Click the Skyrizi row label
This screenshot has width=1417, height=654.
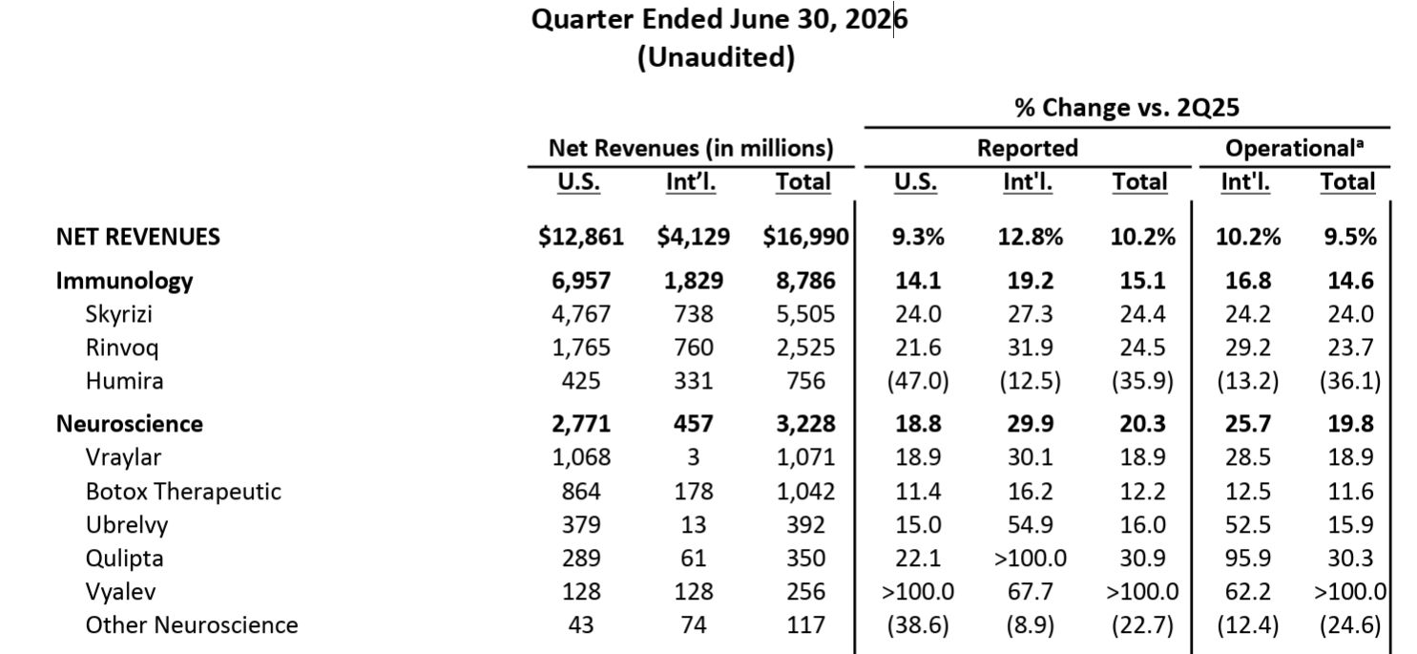119,314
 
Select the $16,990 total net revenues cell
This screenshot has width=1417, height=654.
805,237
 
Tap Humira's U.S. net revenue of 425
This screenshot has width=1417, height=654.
581,381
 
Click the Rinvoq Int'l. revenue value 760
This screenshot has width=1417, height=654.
694,348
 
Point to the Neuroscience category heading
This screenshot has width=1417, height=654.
130,424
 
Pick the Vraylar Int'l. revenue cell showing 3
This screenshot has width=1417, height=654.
694,457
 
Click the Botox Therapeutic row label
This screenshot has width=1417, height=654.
183,492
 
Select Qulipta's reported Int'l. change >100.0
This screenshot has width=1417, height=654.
1030,558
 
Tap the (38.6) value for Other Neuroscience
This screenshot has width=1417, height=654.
918,624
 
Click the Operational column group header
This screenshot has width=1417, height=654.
1294,148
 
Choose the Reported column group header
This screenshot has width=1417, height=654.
1028,148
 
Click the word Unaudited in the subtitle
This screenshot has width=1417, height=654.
716,57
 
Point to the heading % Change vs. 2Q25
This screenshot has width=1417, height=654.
1127,108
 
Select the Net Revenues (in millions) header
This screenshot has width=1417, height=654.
691,148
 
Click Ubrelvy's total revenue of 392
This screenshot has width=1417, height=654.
805,525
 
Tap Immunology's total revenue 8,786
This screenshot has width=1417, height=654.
805,281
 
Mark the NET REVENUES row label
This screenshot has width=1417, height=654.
138,237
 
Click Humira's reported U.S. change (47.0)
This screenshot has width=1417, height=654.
918,381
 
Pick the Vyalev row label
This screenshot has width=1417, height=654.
121,591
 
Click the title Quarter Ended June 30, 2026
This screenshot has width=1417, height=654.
719,19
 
